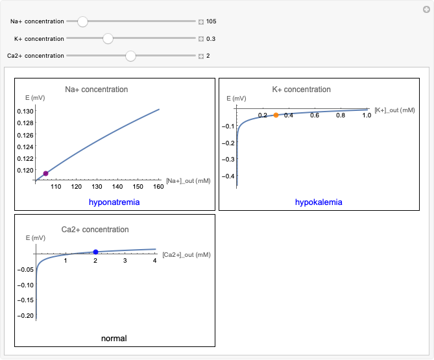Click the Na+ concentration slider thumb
(82, 21)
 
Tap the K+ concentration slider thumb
(108, 39)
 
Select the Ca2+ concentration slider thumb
(130, 56)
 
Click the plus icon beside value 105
(201, 21)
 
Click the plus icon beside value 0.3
(201, 39)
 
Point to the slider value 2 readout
(208, 56)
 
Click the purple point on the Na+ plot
(46, 173)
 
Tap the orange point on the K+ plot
(276, 115)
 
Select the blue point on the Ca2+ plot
(95, 252)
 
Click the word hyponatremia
(114, 202)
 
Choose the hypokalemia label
(319, 202)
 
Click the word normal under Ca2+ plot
(114, 339)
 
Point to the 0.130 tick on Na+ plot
(25, 112)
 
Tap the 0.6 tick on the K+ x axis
(315, 115)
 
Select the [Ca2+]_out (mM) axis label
(186, 255)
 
